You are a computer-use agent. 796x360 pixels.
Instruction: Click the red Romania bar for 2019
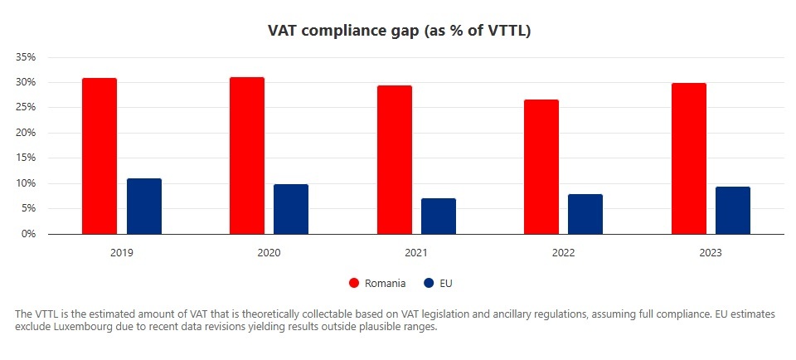point(99,156)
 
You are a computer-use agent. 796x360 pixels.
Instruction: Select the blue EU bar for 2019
point(144,206)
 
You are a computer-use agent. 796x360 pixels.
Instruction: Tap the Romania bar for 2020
point(247,155)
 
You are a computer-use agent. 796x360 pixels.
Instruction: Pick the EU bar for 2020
point(291,209)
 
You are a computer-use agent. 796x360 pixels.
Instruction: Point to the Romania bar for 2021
point(395,159)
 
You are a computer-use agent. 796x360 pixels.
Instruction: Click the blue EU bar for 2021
point(439,216)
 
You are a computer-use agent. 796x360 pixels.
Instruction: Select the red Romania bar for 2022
point(541,167)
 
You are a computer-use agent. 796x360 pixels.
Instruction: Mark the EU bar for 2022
point(585,214)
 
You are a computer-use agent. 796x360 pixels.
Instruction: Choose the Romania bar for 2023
point(689,158)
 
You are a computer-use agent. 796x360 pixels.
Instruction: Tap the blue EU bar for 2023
point(733,210)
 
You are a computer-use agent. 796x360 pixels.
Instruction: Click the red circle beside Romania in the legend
point(354,283)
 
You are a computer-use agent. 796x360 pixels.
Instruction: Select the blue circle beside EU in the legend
point(428,283)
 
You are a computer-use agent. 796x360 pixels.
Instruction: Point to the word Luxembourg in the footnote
point(81,326)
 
